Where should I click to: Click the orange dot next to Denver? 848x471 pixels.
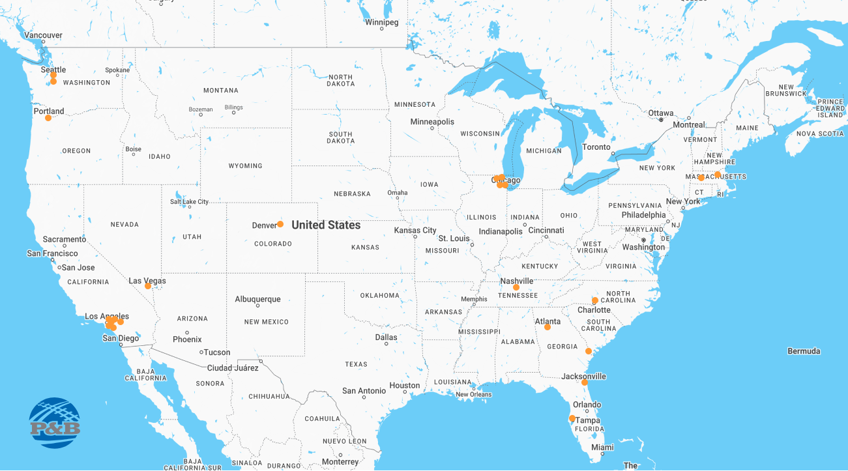point(280,224)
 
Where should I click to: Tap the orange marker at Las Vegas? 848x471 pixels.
point(148,286)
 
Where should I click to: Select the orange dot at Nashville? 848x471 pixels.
point(516,287)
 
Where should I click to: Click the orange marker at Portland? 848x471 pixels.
point(48,118)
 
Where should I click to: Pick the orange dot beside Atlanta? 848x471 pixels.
point(548,327)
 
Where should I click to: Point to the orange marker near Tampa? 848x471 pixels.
point(572,418)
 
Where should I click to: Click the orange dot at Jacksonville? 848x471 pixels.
point(585,382)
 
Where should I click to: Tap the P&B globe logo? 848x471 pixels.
point(55,423)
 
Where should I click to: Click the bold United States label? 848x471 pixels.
point(326,225)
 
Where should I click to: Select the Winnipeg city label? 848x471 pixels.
point(381,22)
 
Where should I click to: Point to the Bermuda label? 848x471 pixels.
point(804,351)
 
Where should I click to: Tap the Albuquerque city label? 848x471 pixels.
point(257,300)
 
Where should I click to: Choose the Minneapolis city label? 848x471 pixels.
point(432,122)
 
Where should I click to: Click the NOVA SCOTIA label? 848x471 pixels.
point(820,134)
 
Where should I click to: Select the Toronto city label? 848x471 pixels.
point(596,147)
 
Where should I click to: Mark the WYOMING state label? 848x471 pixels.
point(245,166)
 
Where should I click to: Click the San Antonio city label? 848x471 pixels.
point(364,391)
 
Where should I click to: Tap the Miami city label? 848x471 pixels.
point(603,448)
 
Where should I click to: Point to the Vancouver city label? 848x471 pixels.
point(43,35)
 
